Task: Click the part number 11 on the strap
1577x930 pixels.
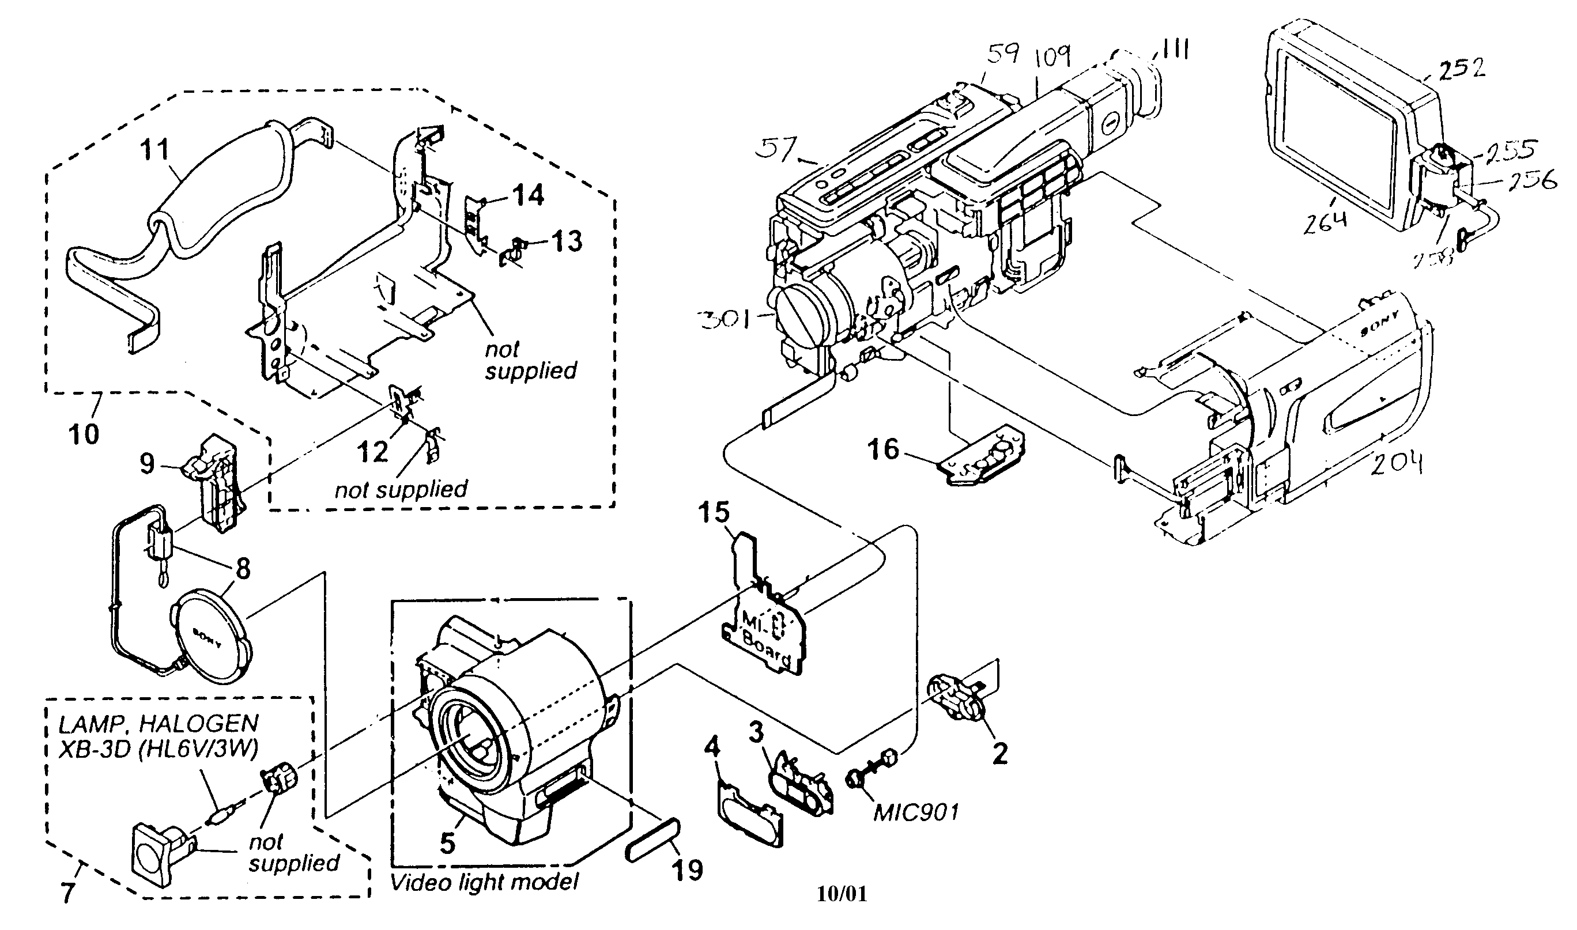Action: (x=154, y=150)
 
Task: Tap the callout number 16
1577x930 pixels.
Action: (x=883, y=449)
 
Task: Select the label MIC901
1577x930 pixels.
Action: (x=916, y=813)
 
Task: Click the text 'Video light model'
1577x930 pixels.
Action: (x=484, y=882)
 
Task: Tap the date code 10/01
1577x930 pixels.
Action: (x=842, y=894)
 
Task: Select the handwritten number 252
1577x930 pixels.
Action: (x=1462, y=69)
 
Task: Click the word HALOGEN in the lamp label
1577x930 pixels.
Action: (x=198, y=724)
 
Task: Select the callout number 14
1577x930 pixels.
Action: (x=528, y=195)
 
